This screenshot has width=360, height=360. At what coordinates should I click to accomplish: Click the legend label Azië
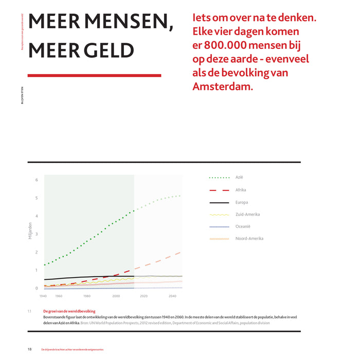[239, 178]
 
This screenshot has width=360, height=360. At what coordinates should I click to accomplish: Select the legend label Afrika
[241, 190]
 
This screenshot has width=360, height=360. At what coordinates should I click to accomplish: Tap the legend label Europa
[242, 202]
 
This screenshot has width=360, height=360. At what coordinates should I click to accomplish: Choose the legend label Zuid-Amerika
[247, 214]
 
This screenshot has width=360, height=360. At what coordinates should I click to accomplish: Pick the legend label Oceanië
[243, 226]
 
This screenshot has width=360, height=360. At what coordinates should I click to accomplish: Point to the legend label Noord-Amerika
[249, 239]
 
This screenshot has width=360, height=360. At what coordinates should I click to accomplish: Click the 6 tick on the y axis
[37, 180]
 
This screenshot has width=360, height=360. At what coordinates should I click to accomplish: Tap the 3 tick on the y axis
[37, 234]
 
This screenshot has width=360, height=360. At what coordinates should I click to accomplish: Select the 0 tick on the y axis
[37, 288]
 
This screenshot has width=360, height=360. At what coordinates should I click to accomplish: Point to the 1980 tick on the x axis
[87, 296]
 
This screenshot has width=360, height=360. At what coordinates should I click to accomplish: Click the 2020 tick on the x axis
[143, 296]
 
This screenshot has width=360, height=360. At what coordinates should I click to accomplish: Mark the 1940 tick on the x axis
[44, 296]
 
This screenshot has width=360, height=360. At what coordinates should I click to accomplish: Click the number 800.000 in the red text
[231, 45]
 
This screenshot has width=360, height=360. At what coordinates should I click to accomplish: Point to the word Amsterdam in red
[223, 86]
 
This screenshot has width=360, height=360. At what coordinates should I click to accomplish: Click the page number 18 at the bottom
[30, 349]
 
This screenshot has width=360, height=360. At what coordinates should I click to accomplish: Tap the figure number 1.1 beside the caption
[29, 312]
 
